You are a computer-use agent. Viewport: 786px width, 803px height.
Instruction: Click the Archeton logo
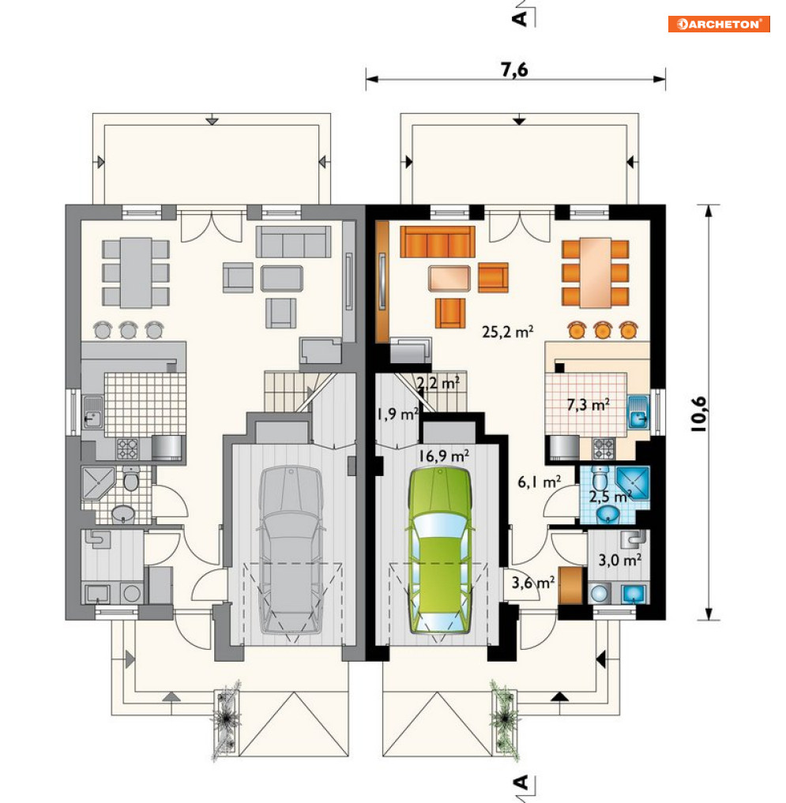pos(718,24)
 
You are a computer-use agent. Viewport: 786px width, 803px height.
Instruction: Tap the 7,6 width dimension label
pos(514,69)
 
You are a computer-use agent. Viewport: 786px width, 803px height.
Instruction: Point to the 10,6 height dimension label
pos(698,414)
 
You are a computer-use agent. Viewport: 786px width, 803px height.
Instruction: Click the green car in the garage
pos(440,550)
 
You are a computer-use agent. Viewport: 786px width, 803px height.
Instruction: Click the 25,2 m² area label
pos(507,332)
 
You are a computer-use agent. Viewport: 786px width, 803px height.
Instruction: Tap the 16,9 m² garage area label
pos(444,456)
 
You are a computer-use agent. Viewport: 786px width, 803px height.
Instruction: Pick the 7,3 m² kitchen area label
pos(589,405)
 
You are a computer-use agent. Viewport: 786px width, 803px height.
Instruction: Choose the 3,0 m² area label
pos(620,560)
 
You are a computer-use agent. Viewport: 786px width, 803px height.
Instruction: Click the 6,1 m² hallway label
pos(539,482)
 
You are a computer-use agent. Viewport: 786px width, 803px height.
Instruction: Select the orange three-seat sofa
pos(438,241)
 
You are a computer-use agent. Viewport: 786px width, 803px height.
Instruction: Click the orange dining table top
pos(596,272)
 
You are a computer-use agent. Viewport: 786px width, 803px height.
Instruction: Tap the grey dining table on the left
pos(136,272)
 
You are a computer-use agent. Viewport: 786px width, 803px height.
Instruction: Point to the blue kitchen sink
pos(638,411)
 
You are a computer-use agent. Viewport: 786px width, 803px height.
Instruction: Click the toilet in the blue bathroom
pos(599,478)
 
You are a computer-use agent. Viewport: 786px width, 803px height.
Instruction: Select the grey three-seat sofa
pos(293,241)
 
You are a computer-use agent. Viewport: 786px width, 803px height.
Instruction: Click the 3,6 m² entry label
pos(533,583)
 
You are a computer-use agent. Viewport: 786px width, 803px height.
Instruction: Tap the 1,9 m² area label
pos(398,414)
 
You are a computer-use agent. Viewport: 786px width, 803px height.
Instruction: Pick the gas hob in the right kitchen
pos(604,448)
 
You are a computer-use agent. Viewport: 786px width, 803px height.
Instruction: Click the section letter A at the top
pos(520,19)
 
